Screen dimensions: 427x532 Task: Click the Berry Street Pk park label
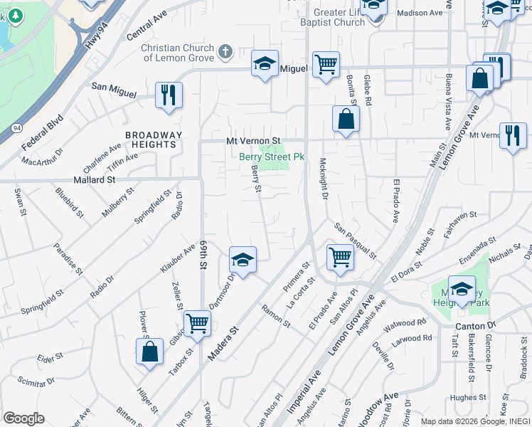tap(271, 156)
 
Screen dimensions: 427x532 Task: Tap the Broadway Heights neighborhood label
tap(154, 139)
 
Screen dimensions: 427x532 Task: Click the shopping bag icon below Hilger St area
tap(149, 351)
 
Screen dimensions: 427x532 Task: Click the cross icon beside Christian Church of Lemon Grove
tap(225, 51)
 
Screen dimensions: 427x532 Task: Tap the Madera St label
tap(225, 338)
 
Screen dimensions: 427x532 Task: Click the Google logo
tap(23, 418)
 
